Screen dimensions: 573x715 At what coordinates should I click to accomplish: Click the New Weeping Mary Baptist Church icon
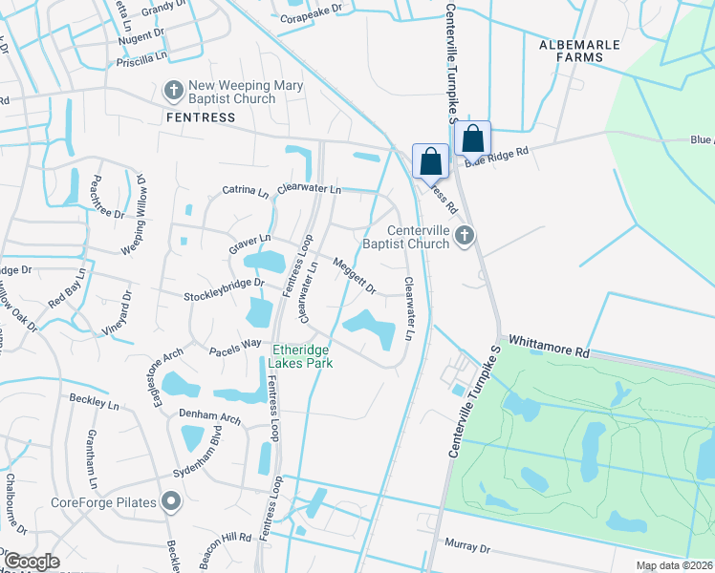pyautogui.click(x=173, y=91)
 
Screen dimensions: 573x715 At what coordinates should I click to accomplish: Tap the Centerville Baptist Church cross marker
pyautogui.click(x=465, y=235)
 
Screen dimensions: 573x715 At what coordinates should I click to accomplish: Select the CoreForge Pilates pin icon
pyautogui.click(x=171, y=500)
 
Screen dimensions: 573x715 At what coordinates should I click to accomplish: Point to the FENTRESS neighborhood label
pyautogui.click(x=200, y=117)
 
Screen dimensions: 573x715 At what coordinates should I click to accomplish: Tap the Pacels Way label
pyautogui.click(x=235, y=343)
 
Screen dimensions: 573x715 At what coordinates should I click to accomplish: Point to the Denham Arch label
pyautogui.click(x=209, y=415)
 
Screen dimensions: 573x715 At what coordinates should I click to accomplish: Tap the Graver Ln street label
pyautogui.click(x=250, y=244)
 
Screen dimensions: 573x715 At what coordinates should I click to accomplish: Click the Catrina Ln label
pyautogui.click(x=246, y=191)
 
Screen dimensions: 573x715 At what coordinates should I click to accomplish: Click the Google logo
pyautogui.click(x=32, y=562)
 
